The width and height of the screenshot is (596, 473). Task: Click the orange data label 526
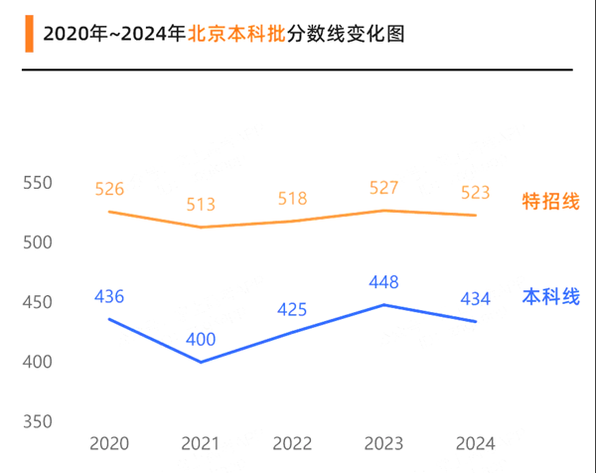pos(109,189)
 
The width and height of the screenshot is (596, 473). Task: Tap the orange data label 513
pos(201,205)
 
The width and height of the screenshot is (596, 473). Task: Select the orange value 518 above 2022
pos(292,198)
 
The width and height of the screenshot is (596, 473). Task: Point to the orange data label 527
pos(383,188)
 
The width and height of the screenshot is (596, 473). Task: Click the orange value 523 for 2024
pos(475,192)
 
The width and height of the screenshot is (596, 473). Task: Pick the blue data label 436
pos(109,296)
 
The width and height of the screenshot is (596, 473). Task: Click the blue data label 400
pos(201,340)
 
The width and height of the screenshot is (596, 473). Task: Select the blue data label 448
pos(383,282)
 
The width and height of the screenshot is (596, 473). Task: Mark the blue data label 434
pos(475,298)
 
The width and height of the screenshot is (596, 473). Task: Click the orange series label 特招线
pos(550,203)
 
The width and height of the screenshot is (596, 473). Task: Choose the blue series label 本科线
pos(550,297)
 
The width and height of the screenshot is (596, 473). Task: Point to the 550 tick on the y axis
pos(37,183)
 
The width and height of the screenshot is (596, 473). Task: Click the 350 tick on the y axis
pos(37,421)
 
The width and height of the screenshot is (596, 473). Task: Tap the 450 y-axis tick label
pos(37,302)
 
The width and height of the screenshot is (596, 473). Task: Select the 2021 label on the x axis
pos(201,443)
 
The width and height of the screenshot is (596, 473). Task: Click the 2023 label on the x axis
pos(383,443)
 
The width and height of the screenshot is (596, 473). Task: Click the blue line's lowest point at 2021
pos(201,362)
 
